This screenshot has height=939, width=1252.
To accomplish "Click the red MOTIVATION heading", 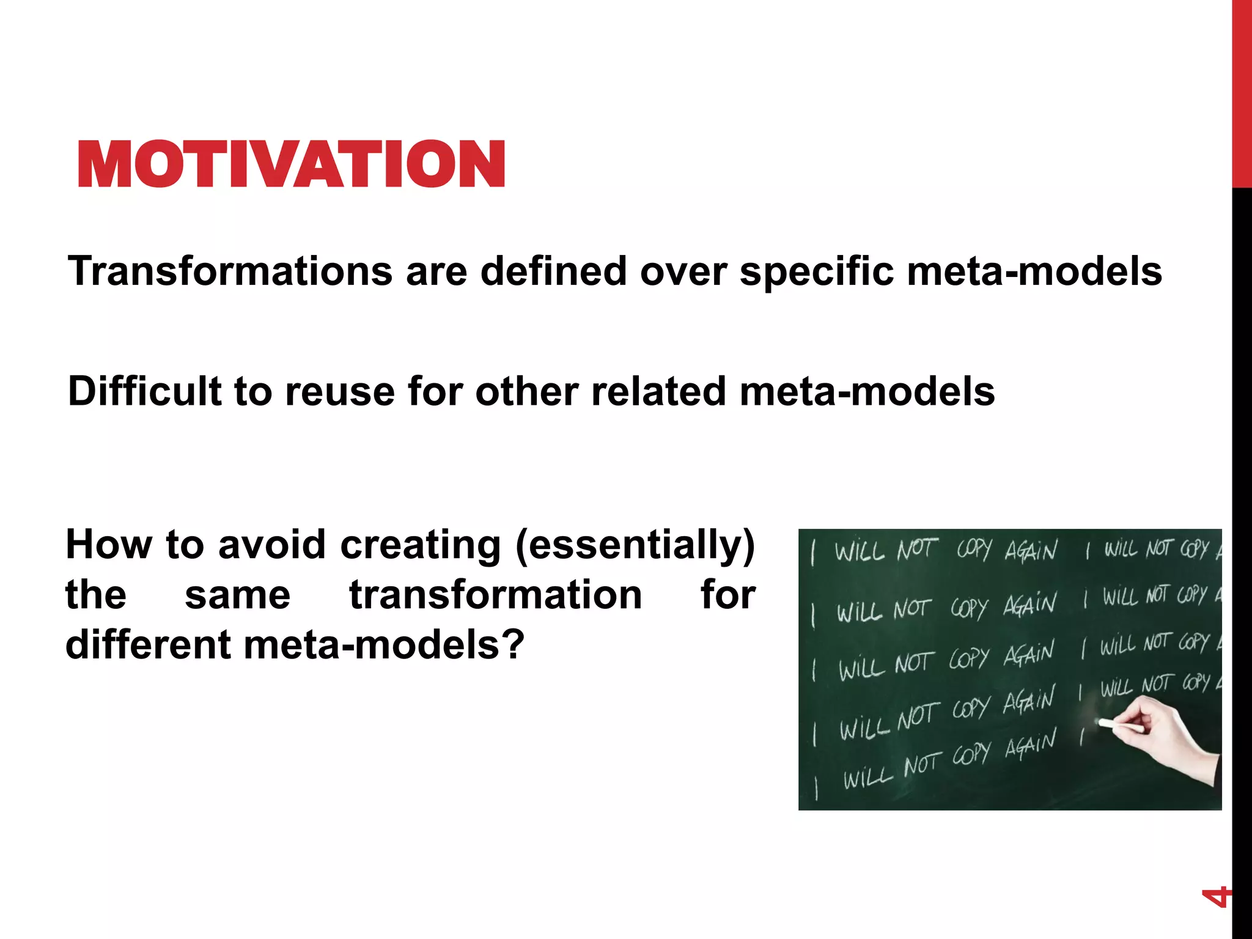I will tap(292, 163).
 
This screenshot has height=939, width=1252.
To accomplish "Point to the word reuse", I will tap(340, 392).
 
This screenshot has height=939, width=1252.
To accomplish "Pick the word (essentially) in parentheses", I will tap(635, 545).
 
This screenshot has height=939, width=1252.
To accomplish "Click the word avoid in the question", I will tap(270, 544).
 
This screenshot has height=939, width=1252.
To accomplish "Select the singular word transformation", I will tap(495, 595).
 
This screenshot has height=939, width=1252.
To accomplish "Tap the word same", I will tap(237, 596).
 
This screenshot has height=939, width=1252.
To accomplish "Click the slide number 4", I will tap(1215, 897).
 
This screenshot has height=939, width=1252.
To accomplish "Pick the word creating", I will tap(420, 544).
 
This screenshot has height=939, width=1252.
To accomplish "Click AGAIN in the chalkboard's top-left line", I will tap(1031, 551).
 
